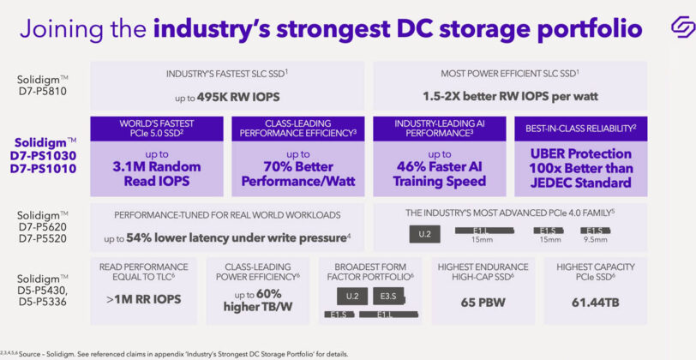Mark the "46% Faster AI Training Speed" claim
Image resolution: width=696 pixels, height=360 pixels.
pyautogui.click(x=439, y=173)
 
